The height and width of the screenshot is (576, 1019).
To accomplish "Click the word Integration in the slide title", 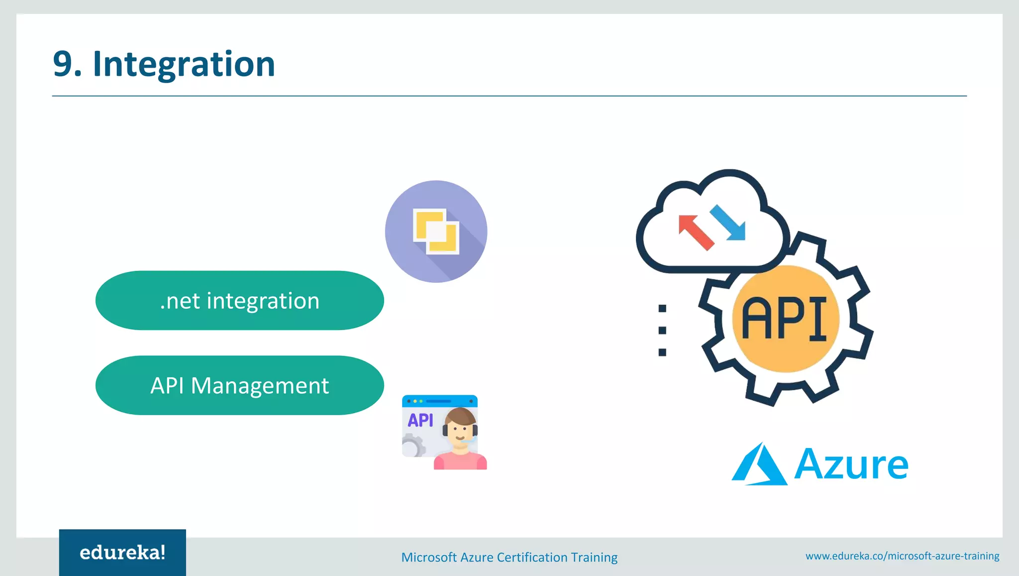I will (x=184, y=64).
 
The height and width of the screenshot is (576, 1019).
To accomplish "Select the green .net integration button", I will (x=239, y=301).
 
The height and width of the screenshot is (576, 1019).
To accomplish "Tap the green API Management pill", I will (x=239, y=385).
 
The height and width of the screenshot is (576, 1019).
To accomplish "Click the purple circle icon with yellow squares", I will (x=436, y=231).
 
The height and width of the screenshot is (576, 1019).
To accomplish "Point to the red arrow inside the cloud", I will (x=696, y=232).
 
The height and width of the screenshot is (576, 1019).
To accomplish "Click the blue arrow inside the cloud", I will (x=728, y=223).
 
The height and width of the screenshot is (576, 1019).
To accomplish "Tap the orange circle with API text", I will (x=785, y=319).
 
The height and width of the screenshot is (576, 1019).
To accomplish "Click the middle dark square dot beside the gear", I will (x=662, y=331).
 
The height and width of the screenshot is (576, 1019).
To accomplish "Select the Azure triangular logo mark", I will (x=759, y=465).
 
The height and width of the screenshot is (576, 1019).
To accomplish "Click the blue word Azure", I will (x=851, y=464).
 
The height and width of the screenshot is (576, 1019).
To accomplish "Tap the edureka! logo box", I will (x=122, y=552).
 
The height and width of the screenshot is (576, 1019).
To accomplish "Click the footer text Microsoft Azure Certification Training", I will (x=509, y=557).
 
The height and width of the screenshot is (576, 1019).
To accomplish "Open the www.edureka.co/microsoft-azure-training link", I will (x=902, y=556).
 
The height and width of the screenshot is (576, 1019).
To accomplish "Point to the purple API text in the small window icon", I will (x=420, y=420).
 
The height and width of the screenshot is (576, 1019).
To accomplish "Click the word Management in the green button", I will (x=260, y=386).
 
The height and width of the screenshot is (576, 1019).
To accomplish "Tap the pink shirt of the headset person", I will (x=460, y=462).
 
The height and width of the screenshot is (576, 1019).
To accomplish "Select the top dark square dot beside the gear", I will (x=662, y=309).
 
